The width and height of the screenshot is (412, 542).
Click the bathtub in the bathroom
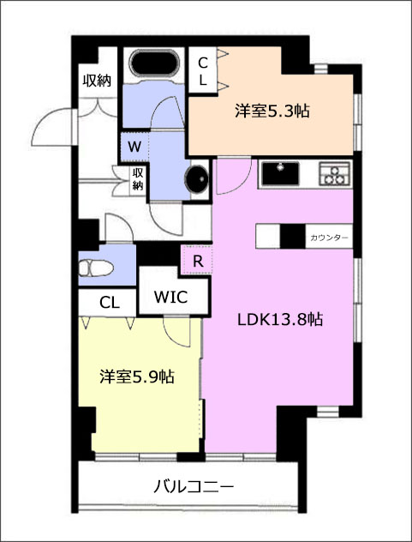click(154, 63)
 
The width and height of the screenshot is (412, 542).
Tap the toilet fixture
click(96, 268)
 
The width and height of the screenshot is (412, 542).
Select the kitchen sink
click(280, 173)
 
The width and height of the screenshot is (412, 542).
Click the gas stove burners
click(334, 174)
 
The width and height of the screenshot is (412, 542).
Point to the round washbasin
click(197, 178)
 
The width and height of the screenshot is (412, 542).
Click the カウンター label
click(329, 238)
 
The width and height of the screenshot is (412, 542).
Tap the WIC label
click(170, 297)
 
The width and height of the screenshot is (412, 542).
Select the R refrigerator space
click(197, 261)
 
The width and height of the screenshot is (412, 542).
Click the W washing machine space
click(134, 148)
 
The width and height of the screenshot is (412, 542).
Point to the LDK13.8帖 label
click(280, 320)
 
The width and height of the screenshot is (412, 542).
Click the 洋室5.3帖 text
click(272, 111)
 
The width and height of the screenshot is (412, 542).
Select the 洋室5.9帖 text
click(137, 376)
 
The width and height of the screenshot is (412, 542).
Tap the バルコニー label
click(194, 487)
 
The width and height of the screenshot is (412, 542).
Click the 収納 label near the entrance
click(97, 81)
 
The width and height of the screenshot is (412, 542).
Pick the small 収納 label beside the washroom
click(137, 180)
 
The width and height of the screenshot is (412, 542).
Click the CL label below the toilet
click(110, 303)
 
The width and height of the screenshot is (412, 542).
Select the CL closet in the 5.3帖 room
click(203, 70)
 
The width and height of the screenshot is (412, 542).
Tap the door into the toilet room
click(119, 228)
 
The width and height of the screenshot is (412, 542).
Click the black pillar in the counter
click(292, 236)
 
